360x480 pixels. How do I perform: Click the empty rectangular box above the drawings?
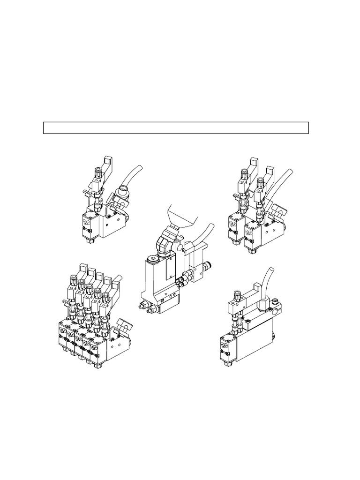point(176,127)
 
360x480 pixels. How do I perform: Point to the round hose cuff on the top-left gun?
point(121,189)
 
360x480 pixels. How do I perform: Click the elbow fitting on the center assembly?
point(167,243)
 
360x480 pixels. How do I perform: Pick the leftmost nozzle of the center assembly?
point(142,306)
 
